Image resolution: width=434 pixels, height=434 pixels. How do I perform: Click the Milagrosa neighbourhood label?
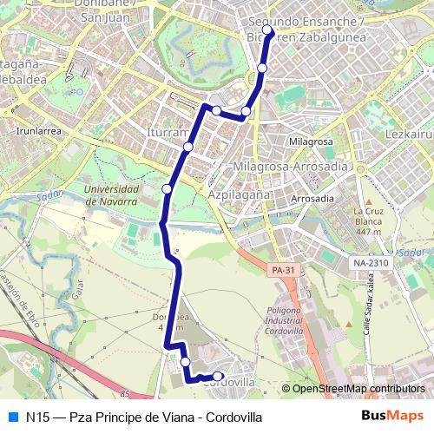[311, 141]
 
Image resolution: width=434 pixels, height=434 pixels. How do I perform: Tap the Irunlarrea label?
[37, 131]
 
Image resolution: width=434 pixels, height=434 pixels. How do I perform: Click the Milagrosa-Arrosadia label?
[291, 166]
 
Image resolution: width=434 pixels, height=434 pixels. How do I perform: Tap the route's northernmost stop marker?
[267, 32]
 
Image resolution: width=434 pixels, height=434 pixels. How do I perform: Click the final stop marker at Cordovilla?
[218, 376]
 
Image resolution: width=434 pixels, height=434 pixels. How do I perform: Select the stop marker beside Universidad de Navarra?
[167, 188]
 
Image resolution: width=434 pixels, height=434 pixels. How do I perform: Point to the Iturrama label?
[168, 133]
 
